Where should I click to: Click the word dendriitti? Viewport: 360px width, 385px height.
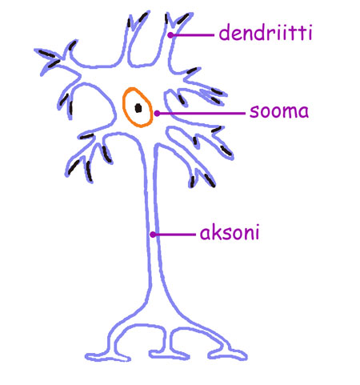point(266,32)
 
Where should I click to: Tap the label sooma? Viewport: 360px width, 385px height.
point(279,111)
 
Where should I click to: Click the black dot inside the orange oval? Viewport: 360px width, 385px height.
point(138,108)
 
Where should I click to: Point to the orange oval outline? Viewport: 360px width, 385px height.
point(123,106)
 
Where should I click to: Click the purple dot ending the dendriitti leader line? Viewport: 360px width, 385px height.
point(170,35)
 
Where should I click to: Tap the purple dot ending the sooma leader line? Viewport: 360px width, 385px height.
point(157,114)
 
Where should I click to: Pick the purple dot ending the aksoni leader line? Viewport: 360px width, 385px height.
point(153,235)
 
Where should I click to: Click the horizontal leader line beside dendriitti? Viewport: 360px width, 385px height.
point(192,35)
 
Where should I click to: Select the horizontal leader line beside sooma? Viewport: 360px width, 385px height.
point(201,114)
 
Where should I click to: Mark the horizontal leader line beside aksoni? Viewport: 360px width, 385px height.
point(174,235)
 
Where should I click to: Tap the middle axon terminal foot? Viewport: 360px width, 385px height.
point(169,355)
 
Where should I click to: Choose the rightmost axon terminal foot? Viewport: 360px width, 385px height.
point(228,355)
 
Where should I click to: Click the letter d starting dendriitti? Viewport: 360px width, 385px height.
point(225,32)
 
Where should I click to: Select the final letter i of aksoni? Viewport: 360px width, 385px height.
point(257,232)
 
